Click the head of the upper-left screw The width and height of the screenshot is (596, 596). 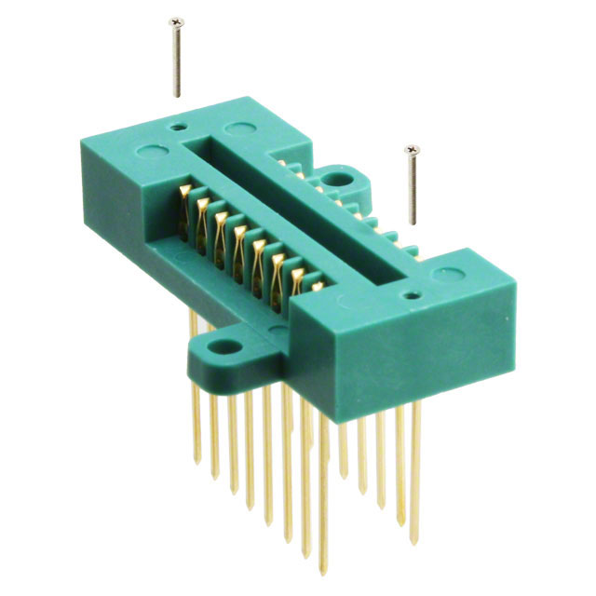tap(173, 20)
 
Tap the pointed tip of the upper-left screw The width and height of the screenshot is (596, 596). tap(177, 95)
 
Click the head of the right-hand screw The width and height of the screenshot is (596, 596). tap(410, 149)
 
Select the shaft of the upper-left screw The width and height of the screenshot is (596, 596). tap(175, 58)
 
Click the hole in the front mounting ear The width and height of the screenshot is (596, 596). tap(223, 347)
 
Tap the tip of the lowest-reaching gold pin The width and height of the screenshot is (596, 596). tap(324, 567)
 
